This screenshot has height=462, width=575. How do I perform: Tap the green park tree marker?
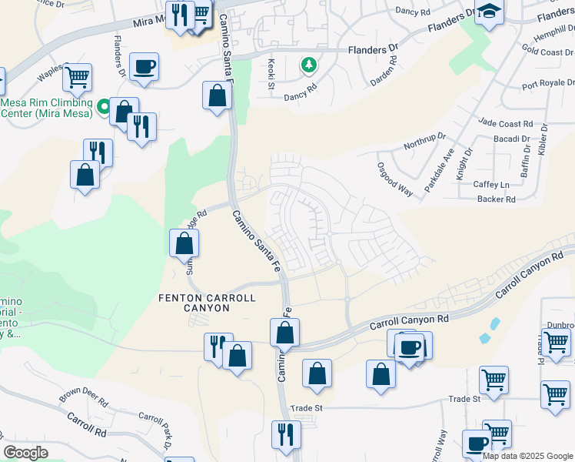(309, 65)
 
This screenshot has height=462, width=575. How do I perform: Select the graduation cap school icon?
(487, 12)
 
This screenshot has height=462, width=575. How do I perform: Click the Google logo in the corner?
(25, 453)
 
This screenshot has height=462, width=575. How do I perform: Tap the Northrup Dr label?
(425, 142)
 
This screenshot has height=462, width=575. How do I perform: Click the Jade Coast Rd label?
(505, 123)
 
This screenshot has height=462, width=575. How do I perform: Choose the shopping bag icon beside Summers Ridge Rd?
(184, 244)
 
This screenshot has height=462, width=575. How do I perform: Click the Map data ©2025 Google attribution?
(527, 456)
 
